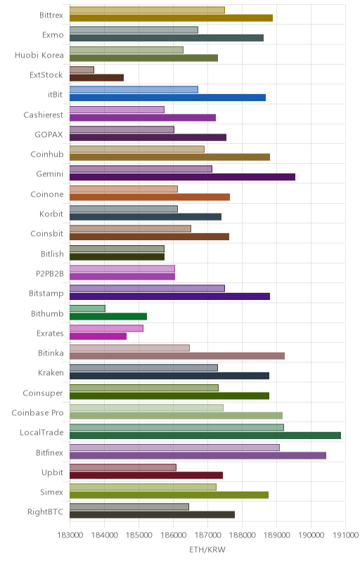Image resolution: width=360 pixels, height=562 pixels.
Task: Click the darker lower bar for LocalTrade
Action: (x=205, y=436)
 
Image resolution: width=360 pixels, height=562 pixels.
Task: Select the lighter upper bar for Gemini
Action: (x=141, y=169)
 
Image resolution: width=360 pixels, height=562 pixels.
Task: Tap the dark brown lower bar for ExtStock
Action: (x=96, y=77)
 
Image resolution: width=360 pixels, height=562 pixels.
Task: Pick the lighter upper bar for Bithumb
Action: (x=87, y=308)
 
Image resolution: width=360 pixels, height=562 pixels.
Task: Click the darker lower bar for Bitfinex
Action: (x=198, y=455)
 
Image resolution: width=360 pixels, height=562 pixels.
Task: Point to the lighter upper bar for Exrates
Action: (x=106, y=328)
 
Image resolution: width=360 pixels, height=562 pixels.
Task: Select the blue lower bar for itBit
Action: (x=167, y=98)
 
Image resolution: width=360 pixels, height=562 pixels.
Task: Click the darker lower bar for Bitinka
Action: (x=177, y=356)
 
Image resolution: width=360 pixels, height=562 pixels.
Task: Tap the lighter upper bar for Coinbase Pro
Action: (x=146, y=407)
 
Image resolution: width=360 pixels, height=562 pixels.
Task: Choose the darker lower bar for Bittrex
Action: (x=171, y=18)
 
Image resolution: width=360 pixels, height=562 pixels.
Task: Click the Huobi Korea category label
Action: (x=39, y=55)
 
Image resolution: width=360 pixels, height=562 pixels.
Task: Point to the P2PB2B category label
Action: (x=49, y=274)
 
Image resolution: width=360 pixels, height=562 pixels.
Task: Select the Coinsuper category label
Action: (x=43, y=393)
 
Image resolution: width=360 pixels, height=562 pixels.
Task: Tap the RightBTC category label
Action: (x=46, y=512)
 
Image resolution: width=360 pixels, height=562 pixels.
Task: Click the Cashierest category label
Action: (x=43, y=115)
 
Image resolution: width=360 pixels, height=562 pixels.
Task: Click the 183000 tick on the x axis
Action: (x=70, y=535)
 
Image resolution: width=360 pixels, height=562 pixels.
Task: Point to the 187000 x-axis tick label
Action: (x=207, y=535)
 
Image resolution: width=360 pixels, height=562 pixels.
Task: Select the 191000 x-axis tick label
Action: (x=346, y=535)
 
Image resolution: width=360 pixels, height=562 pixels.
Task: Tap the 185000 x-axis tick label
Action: (x=139, y=535)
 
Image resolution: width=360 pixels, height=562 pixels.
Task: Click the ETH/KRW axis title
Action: (x=207, y=549)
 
